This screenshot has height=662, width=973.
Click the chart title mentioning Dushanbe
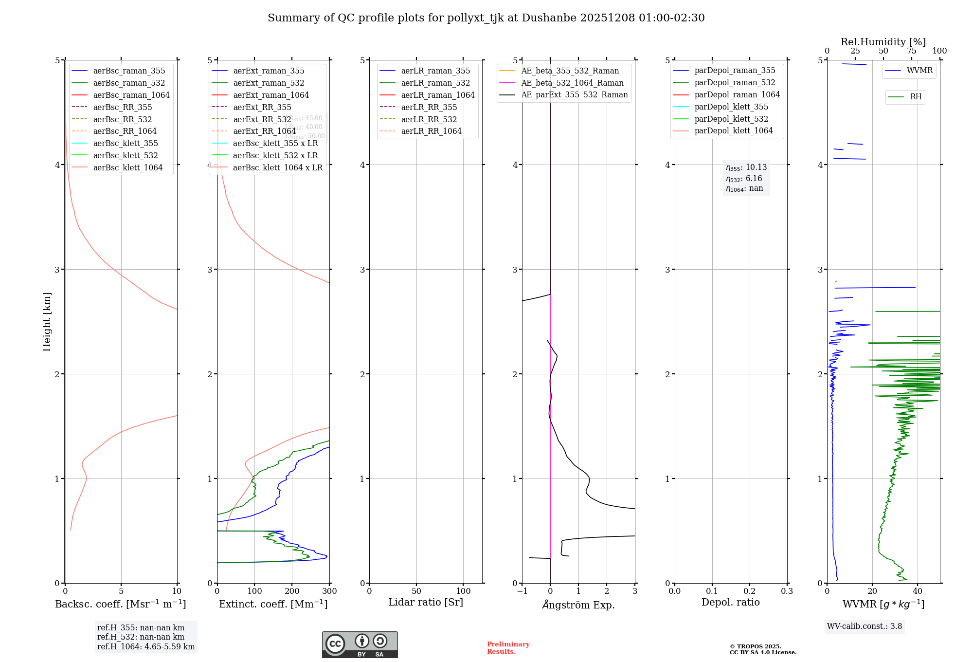pos(486,18)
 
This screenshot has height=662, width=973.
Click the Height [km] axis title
pos(47,322)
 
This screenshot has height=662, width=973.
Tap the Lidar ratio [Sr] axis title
pos(426,602)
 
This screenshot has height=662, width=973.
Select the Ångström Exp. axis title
pos(578,605)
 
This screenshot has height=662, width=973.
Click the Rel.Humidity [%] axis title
pos(883,42)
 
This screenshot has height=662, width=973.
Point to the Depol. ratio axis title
pos(730,602)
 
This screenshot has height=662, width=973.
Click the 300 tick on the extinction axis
pos(329,591)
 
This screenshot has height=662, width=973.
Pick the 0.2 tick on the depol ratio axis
pos(750,591)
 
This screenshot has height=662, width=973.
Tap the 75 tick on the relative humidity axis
pos(912,51)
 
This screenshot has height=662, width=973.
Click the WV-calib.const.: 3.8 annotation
pos(865,626)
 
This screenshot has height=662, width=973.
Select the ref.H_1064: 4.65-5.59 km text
pos(146,646)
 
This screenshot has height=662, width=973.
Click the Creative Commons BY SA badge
pos(360,644)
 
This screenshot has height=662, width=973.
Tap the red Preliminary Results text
pos(508,648)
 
